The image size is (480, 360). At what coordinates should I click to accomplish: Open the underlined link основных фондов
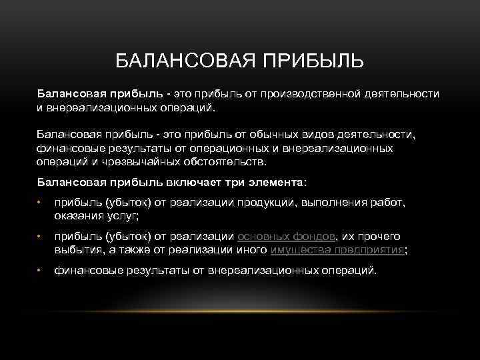click(x=288, y=236)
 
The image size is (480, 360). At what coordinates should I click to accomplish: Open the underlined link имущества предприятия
click(x=337, y=250)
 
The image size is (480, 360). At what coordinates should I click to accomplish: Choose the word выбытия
click(x=75, y=250)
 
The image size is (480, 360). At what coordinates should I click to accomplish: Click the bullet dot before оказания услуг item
click(x=40, y=203)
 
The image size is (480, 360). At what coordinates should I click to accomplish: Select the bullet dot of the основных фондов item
click(x=40, y=237)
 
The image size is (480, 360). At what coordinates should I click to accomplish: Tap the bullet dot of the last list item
click(x=40, y=271)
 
